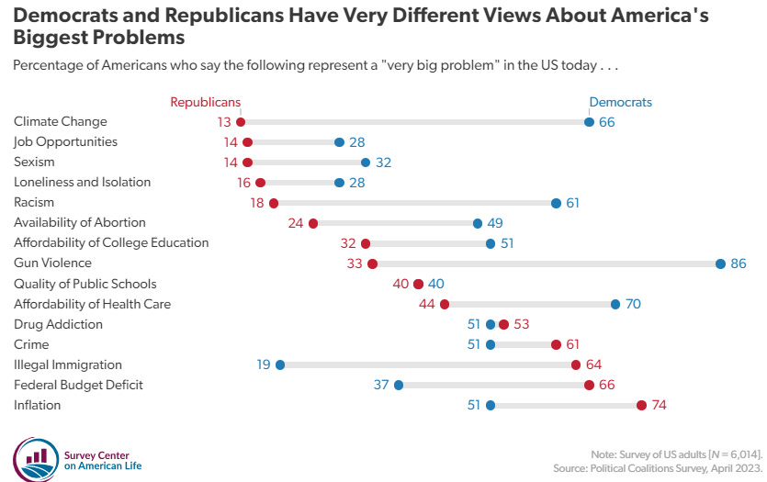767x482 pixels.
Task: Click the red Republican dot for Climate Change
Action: [241, 122]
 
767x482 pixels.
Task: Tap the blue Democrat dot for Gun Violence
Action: [721, 264]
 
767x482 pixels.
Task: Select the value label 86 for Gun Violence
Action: [739, 264]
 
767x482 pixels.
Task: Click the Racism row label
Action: [34, 203]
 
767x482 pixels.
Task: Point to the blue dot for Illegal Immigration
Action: [280, 365]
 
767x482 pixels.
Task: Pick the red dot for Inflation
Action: [641, 406]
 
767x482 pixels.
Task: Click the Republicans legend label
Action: [206, 103]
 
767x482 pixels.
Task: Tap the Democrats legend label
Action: [620, 103]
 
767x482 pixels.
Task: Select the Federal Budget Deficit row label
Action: [78, 386]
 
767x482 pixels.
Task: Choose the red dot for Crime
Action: [556, 345]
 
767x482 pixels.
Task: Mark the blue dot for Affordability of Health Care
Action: [615, 305]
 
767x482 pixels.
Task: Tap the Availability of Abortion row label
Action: [80, 223]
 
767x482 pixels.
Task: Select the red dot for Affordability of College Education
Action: [366, 243]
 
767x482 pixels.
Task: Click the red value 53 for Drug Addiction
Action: [521, 325]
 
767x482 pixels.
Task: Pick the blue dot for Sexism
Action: [366, 163]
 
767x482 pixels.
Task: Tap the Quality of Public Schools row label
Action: [85, 285]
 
